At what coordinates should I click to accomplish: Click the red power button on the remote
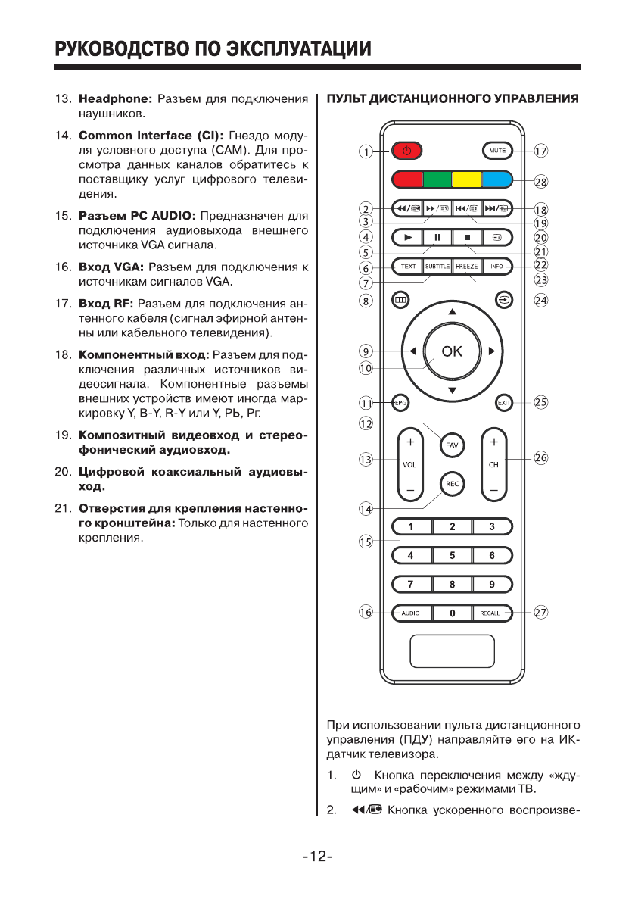(406, 151)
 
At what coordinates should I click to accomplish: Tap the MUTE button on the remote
(497, 151)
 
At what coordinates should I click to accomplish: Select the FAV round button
(452, 445)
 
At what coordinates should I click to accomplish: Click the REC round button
(452, 484)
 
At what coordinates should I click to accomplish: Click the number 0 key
(452, 613)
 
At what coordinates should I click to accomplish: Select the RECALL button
(490, 613)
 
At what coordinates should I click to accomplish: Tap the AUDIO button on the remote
(411, 613)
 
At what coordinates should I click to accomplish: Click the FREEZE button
(467, 267)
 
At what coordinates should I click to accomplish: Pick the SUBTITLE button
(437, 267)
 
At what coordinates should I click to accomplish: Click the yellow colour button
(467, 180)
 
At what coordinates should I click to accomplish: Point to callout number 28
(541, 181)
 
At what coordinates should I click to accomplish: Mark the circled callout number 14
(366, 509)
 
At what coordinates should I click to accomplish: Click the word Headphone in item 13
(116, 99)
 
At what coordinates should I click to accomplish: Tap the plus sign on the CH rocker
(493, 441)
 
